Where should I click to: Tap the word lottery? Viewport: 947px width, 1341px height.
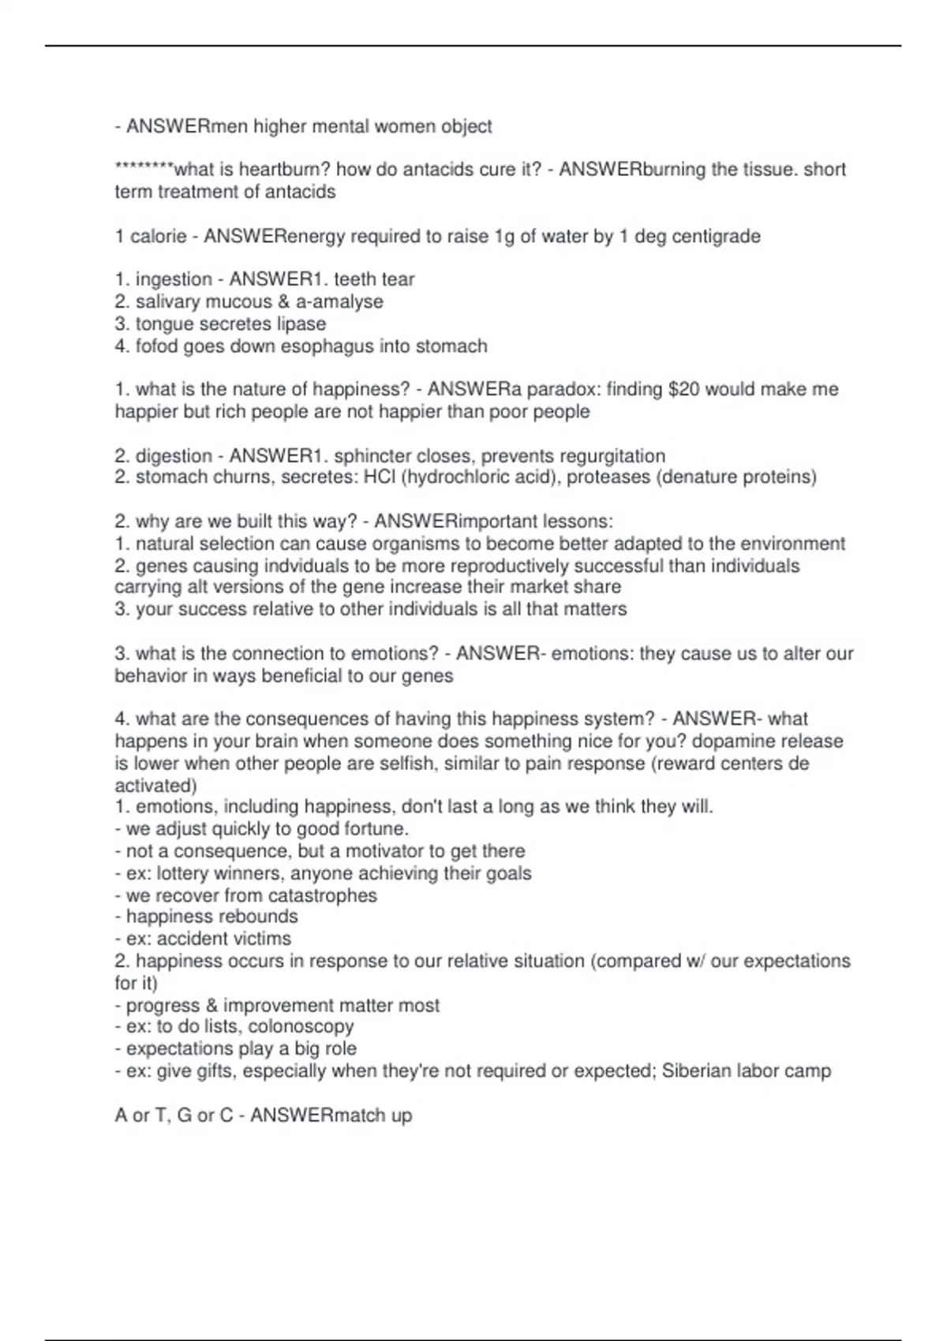click(x=185, y=874)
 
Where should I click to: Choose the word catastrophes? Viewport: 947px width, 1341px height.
click(x=323, y=896)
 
